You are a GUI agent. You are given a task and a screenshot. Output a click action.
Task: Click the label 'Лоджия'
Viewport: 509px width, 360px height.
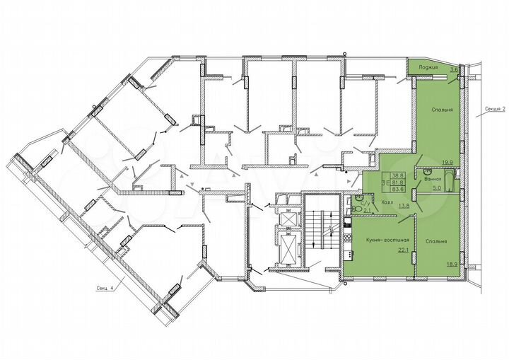coord(428,68)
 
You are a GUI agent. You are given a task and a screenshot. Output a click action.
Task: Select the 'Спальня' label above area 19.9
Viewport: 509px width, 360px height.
coord(441,110)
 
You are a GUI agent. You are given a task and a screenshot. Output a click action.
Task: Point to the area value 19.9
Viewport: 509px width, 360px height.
coord(447,162)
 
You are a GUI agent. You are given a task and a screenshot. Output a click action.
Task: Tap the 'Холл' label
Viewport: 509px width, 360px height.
coord(387,202)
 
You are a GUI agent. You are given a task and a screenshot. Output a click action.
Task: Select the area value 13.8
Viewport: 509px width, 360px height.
coord(404,206)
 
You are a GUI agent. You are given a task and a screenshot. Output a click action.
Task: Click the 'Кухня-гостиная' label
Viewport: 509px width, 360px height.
coord(378,242)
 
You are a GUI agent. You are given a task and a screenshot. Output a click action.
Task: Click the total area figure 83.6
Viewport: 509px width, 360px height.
coord(398,188)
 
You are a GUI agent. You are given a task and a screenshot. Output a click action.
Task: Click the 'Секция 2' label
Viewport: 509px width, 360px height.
coord(497,110)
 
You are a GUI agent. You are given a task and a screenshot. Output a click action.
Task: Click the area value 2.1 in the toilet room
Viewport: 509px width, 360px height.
coord(367,210)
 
